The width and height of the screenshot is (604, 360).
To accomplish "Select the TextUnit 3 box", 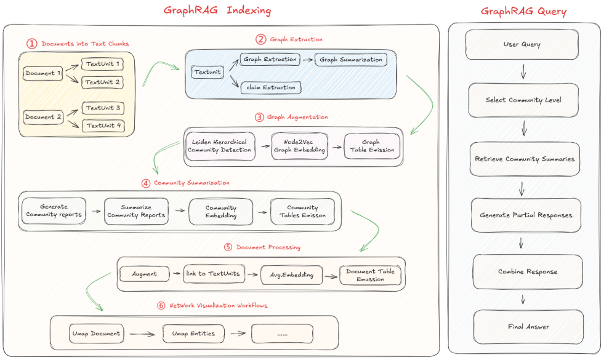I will (103, 108).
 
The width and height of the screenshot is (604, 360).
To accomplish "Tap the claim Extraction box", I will (271, 87).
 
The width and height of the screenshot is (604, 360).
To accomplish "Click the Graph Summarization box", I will (352, 60).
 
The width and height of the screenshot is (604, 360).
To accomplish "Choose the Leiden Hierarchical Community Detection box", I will (220, 146).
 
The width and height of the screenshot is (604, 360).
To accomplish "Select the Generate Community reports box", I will (54, 210).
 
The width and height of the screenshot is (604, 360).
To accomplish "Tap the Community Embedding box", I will (220, 212).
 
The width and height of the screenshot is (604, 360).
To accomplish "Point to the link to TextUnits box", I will (214, 273).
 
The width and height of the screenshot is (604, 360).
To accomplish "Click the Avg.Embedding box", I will (291, 274).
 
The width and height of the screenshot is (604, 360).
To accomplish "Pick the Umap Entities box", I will (193, 334).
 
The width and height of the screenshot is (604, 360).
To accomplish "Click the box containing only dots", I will (283, 334).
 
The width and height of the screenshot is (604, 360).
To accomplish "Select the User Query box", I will (522, 44).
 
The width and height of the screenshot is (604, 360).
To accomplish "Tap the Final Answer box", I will (528, 327).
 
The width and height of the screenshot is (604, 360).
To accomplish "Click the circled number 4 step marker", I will (145, 183).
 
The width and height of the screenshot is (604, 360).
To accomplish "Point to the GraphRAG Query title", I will (523, 11).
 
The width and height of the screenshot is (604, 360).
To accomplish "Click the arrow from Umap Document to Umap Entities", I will (141, 334).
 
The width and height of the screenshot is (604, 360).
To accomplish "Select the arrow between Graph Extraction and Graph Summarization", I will (307, 60).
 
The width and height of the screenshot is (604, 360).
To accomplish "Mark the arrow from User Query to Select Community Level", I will (523, 73).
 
